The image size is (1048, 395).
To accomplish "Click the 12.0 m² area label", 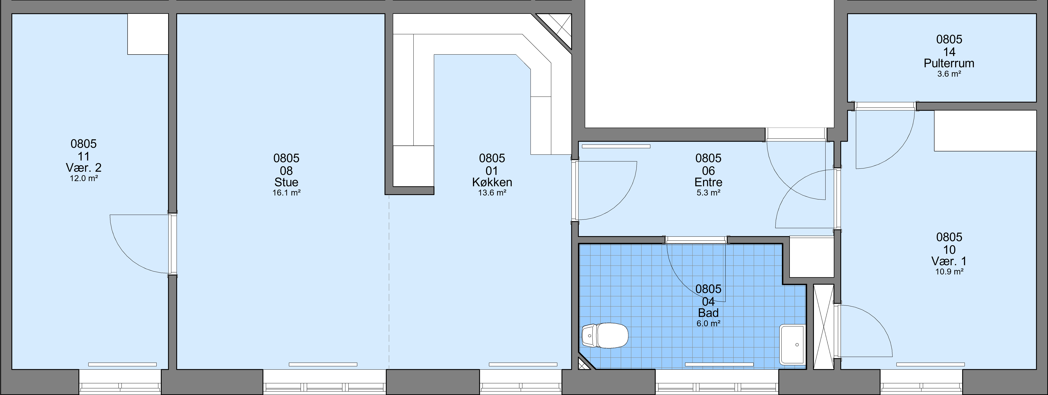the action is [84, 178].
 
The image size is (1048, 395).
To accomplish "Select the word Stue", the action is [286, 182].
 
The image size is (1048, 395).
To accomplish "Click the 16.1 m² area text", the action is [286, 193].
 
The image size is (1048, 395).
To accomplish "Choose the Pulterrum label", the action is [949, 63].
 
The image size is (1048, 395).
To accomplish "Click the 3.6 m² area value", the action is [949, 74].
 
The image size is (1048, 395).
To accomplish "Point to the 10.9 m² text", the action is [949, 271].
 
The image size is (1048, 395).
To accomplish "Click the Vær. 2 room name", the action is [84, 167].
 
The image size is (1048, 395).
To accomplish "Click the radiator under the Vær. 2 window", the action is [122, 364].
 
